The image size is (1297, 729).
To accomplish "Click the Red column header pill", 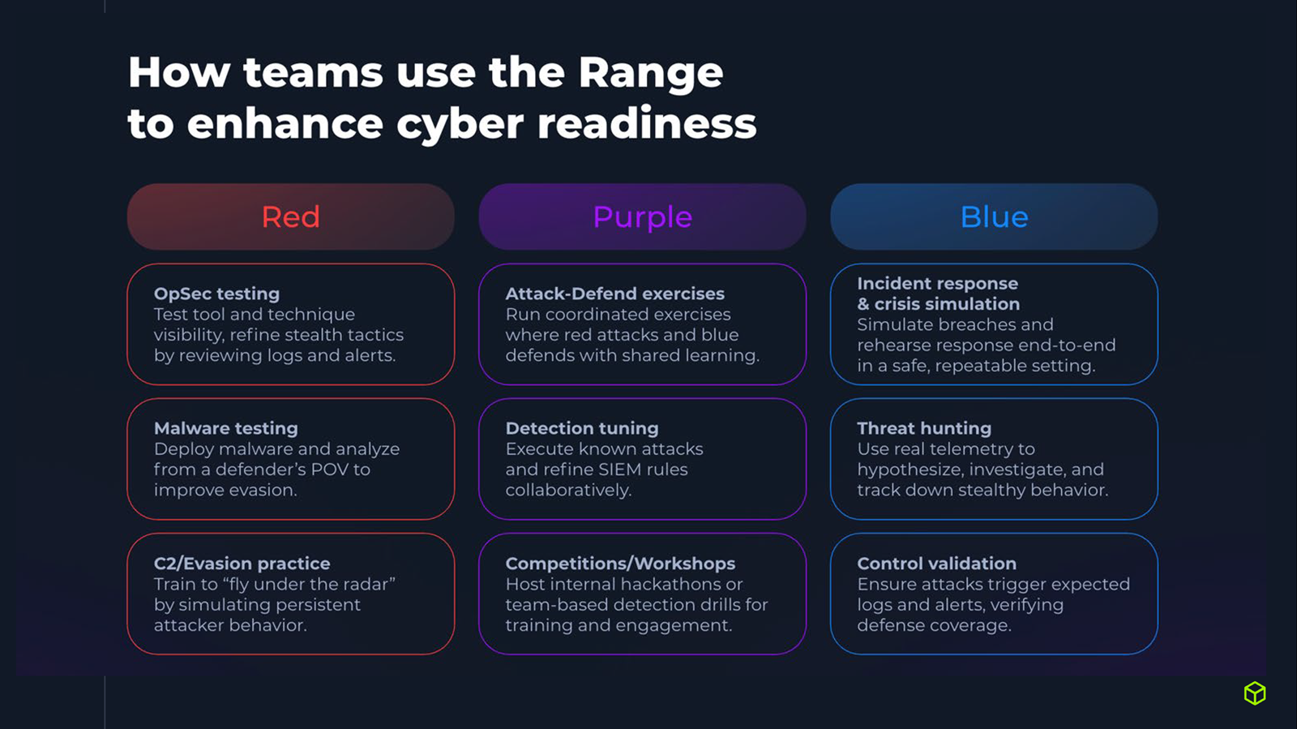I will pos(290,217).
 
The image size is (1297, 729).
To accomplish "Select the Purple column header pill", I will pos(642,217).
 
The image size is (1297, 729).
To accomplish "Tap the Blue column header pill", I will pos(994,217).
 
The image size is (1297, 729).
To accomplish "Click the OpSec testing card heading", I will pos(216,294).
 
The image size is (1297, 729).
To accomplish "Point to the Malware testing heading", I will pos(226,428).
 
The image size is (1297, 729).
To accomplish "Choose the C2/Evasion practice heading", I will pos(242,564).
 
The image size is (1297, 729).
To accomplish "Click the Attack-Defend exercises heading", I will pos(615,294).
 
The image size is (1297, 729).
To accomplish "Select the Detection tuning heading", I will pos(582,428).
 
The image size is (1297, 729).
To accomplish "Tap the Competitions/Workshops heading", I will pos(620,564).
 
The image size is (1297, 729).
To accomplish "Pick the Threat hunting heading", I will pos(924,428).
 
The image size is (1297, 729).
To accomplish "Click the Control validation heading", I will pos(936,564).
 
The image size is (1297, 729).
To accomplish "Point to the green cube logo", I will pos(1255,693).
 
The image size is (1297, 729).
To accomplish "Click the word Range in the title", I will pos(650,73).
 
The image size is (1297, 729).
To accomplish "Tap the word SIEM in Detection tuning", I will pos(619,470).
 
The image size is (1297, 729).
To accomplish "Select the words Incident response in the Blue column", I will pos(937,284).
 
